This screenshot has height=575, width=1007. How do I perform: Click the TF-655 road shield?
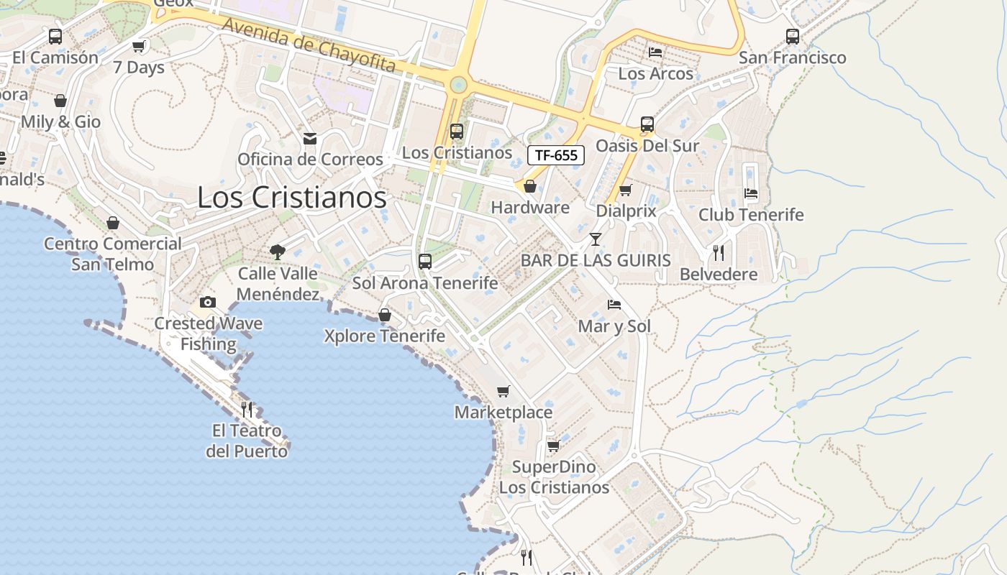tap(556, 155)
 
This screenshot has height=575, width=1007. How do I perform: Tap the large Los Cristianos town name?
tap(291, 198)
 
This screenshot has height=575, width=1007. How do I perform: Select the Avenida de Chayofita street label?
tap(309, 45)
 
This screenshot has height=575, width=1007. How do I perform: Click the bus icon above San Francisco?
tap(792, 36)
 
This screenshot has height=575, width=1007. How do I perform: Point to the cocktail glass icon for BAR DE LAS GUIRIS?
tap(596, 239)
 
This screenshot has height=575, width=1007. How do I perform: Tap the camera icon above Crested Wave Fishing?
tap(208, 302)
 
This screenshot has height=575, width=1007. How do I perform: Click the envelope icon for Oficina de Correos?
tap(310, 138)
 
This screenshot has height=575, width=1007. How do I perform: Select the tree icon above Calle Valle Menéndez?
tap(278, 252)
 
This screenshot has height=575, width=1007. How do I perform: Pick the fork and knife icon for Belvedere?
tap(718, 252)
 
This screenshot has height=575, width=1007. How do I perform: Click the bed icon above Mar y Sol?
tap(614, 305)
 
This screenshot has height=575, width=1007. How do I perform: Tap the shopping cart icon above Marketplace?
tap(503, 391)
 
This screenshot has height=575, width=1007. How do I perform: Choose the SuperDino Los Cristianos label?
tap(554, 477)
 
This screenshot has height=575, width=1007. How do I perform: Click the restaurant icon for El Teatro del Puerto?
tap(247, 410)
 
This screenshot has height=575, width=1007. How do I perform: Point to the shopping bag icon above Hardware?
tap(530, 187)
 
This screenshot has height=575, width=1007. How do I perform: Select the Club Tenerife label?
tap(751, 215)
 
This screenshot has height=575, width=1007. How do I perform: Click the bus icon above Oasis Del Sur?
tap(647, 124)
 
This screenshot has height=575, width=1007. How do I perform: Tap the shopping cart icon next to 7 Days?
tap(139, 47)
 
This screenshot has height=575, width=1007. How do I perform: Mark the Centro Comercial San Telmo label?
tap(113, 254)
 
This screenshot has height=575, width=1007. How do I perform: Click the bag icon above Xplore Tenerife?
tap(385, 315)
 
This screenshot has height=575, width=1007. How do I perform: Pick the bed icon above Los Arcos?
tap(655, 52)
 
